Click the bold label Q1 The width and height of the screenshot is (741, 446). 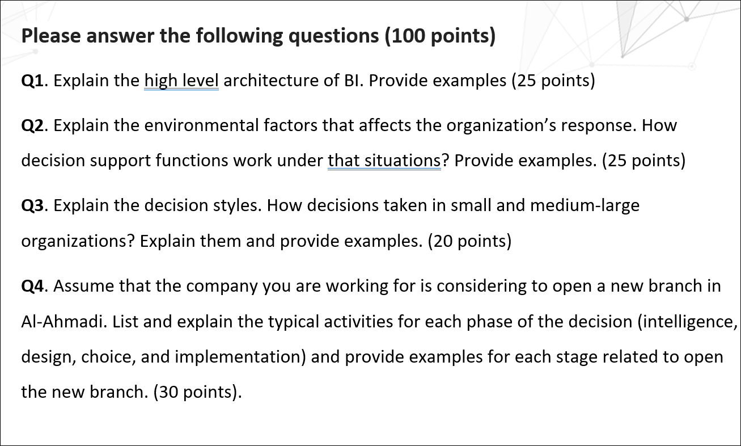(32, 81)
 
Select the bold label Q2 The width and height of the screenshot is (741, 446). (32, 125)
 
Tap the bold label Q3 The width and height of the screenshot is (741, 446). (32, 205)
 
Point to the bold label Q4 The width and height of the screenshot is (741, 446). (32, 286)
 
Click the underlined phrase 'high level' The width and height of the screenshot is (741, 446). (181, 81)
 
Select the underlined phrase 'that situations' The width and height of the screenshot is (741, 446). (384, 161)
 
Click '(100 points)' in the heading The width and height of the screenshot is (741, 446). (441, 36)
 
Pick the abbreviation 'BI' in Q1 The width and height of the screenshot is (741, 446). (352, 81)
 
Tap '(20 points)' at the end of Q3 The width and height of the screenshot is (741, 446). (470, 241)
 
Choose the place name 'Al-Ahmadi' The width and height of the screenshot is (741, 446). (62, 322)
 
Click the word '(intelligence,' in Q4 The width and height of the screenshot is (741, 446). (687, 322)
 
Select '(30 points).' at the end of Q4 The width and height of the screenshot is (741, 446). (198, 392)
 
